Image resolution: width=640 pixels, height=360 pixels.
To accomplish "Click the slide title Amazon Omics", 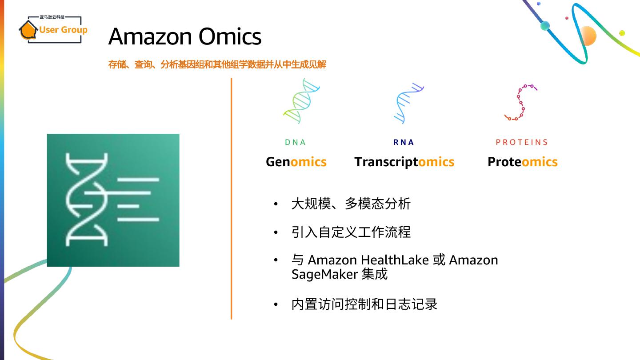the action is (x=185, y=36).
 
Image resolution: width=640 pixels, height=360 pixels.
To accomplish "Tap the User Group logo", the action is (x=53, y=30).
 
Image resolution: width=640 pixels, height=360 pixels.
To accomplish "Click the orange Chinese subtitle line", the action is (x=217, y=64).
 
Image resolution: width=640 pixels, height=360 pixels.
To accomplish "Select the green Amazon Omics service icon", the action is (x=113, y=200).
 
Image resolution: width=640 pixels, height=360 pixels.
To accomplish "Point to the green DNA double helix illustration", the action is (x=302, y=101).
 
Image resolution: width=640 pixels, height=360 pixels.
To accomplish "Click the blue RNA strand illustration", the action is (x=408, y=103).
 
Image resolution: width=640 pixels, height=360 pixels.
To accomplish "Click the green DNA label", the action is (x=296, y=142).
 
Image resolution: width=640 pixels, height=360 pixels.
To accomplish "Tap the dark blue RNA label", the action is (x=404, y=142).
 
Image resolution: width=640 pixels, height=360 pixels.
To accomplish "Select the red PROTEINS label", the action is (x=522, y=142).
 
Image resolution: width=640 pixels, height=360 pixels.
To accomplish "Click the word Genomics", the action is (x=296, y=162).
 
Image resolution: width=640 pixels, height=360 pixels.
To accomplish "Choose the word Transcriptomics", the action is (x=404, y=162).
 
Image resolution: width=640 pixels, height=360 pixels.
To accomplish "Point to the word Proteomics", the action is (x=522, y=162).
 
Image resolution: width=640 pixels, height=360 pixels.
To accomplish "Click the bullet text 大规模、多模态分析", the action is (x=351, y=204).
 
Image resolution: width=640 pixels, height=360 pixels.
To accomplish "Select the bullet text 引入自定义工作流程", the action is (x=351, y=232).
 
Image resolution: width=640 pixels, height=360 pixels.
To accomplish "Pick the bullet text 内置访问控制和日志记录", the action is (x=364, y=304).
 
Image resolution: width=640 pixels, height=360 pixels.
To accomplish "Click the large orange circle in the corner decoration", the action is (x=588, y=36).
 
